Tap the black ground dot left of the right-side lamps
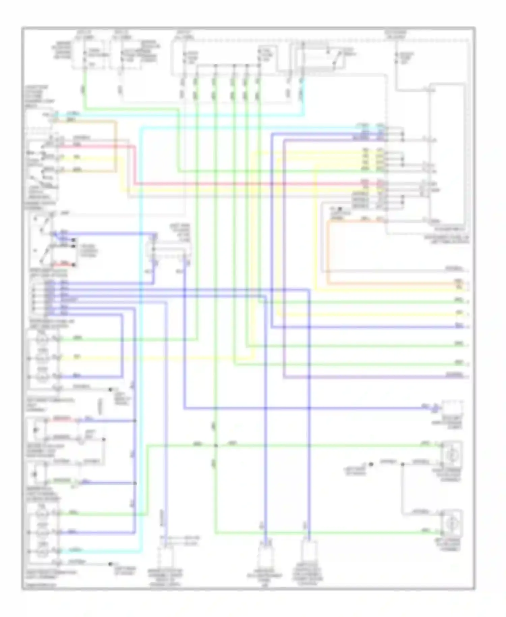coord(370,464)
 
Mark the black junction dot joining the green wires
coord(216,446)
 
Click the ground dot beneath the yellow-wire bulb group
coord(110,390)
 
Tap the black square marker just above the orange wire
coord(340,209)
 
